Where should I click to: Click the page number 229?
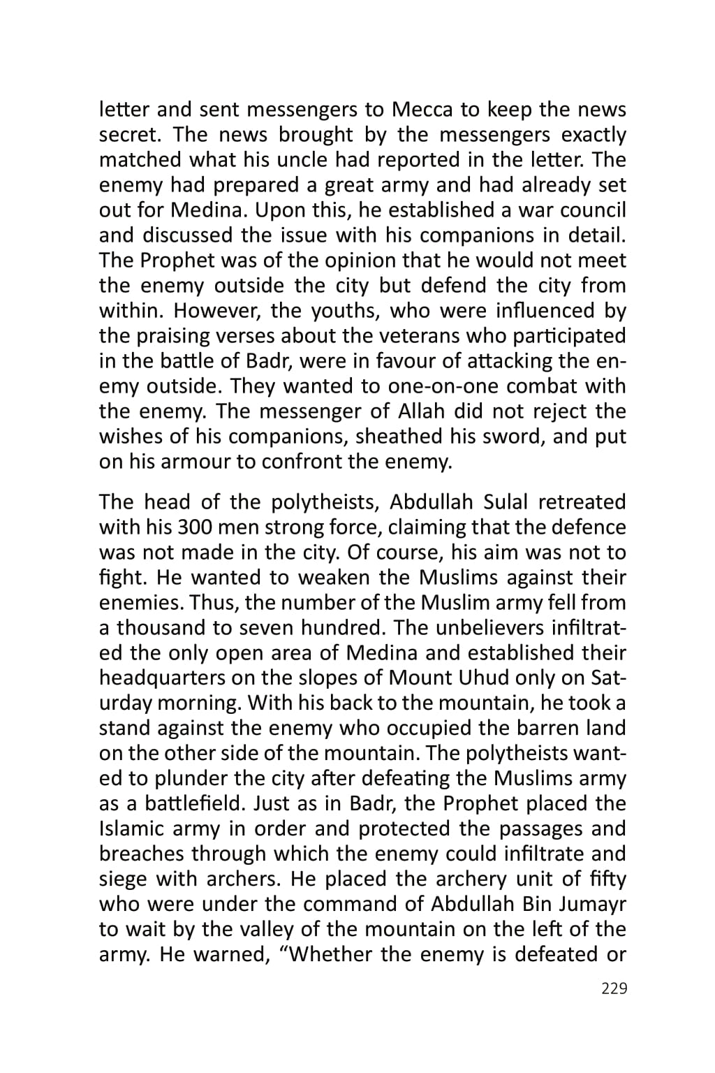[x=613, y=988]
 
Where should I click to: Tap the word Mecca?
[x=422, y=110]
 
